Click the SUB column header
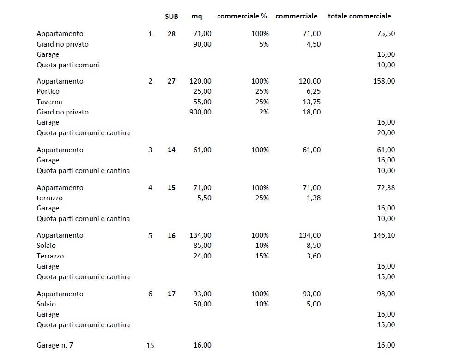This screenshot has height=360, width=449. pyautogui.click(x=171, y=16)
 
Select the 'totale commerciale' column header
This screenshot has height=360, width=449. pyautogui.click(x=359, y=16)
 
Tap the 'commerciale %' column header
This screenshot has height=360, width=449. pyautogui.click(x=242, y=16)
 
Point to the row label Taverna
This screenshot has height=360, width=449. pyautogui.click(x=49, y=102)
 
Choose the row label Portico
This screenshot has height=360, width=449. pyautogui.click(x=48, y=91)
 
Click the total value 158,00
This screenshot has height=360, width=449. pyautogui.click(x=384, y=81)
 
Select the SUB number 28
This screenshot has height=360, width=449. pyautogui.click(x=171, y=34)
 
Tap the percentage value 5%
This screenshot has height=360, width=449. pyautogui.click(x=264, y=44)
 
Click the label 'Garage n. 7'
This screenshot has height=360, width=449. pyautogui.click(x=55, y=345)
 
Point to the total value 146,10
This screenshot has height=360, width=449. pyautogui.click(x=384, y=235)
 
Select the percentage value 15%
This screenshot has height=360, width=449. pyautogui.click(x=262, y=256)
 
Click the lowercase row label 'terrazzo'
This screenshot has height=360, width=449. pyautogui.click(x=49, y=198)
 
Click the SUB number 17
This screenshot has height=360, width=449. pyautogui.click(x=171, y=294)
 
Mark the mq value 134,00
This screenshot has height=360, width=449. pyautogui.click(x=200, y=235)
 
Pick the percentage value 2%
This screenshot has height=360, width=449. pyautogui.click(x=264, y=112)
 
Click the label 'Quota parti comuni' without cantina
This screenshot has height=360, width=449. pyautogui.click(x=67, y=65)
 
